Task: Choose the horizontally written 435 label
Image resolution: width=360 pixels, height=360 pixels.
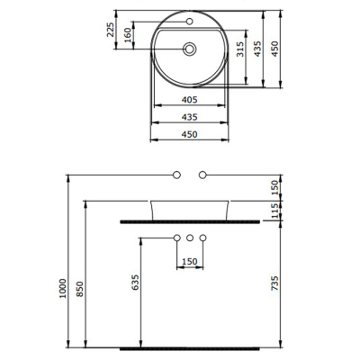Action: click(189, 118)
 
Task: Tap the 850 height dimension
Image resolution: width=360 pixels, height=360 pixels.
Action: click(82, 288)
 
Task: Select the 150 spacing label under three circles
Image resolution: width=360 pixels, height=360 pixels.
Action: click(190, 262)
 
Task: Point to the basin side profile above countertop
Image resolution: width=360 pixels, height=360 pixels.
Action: click(190, 208)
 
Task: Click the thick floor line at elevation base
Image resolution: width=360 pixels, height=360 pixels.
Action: click(190, 346)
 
